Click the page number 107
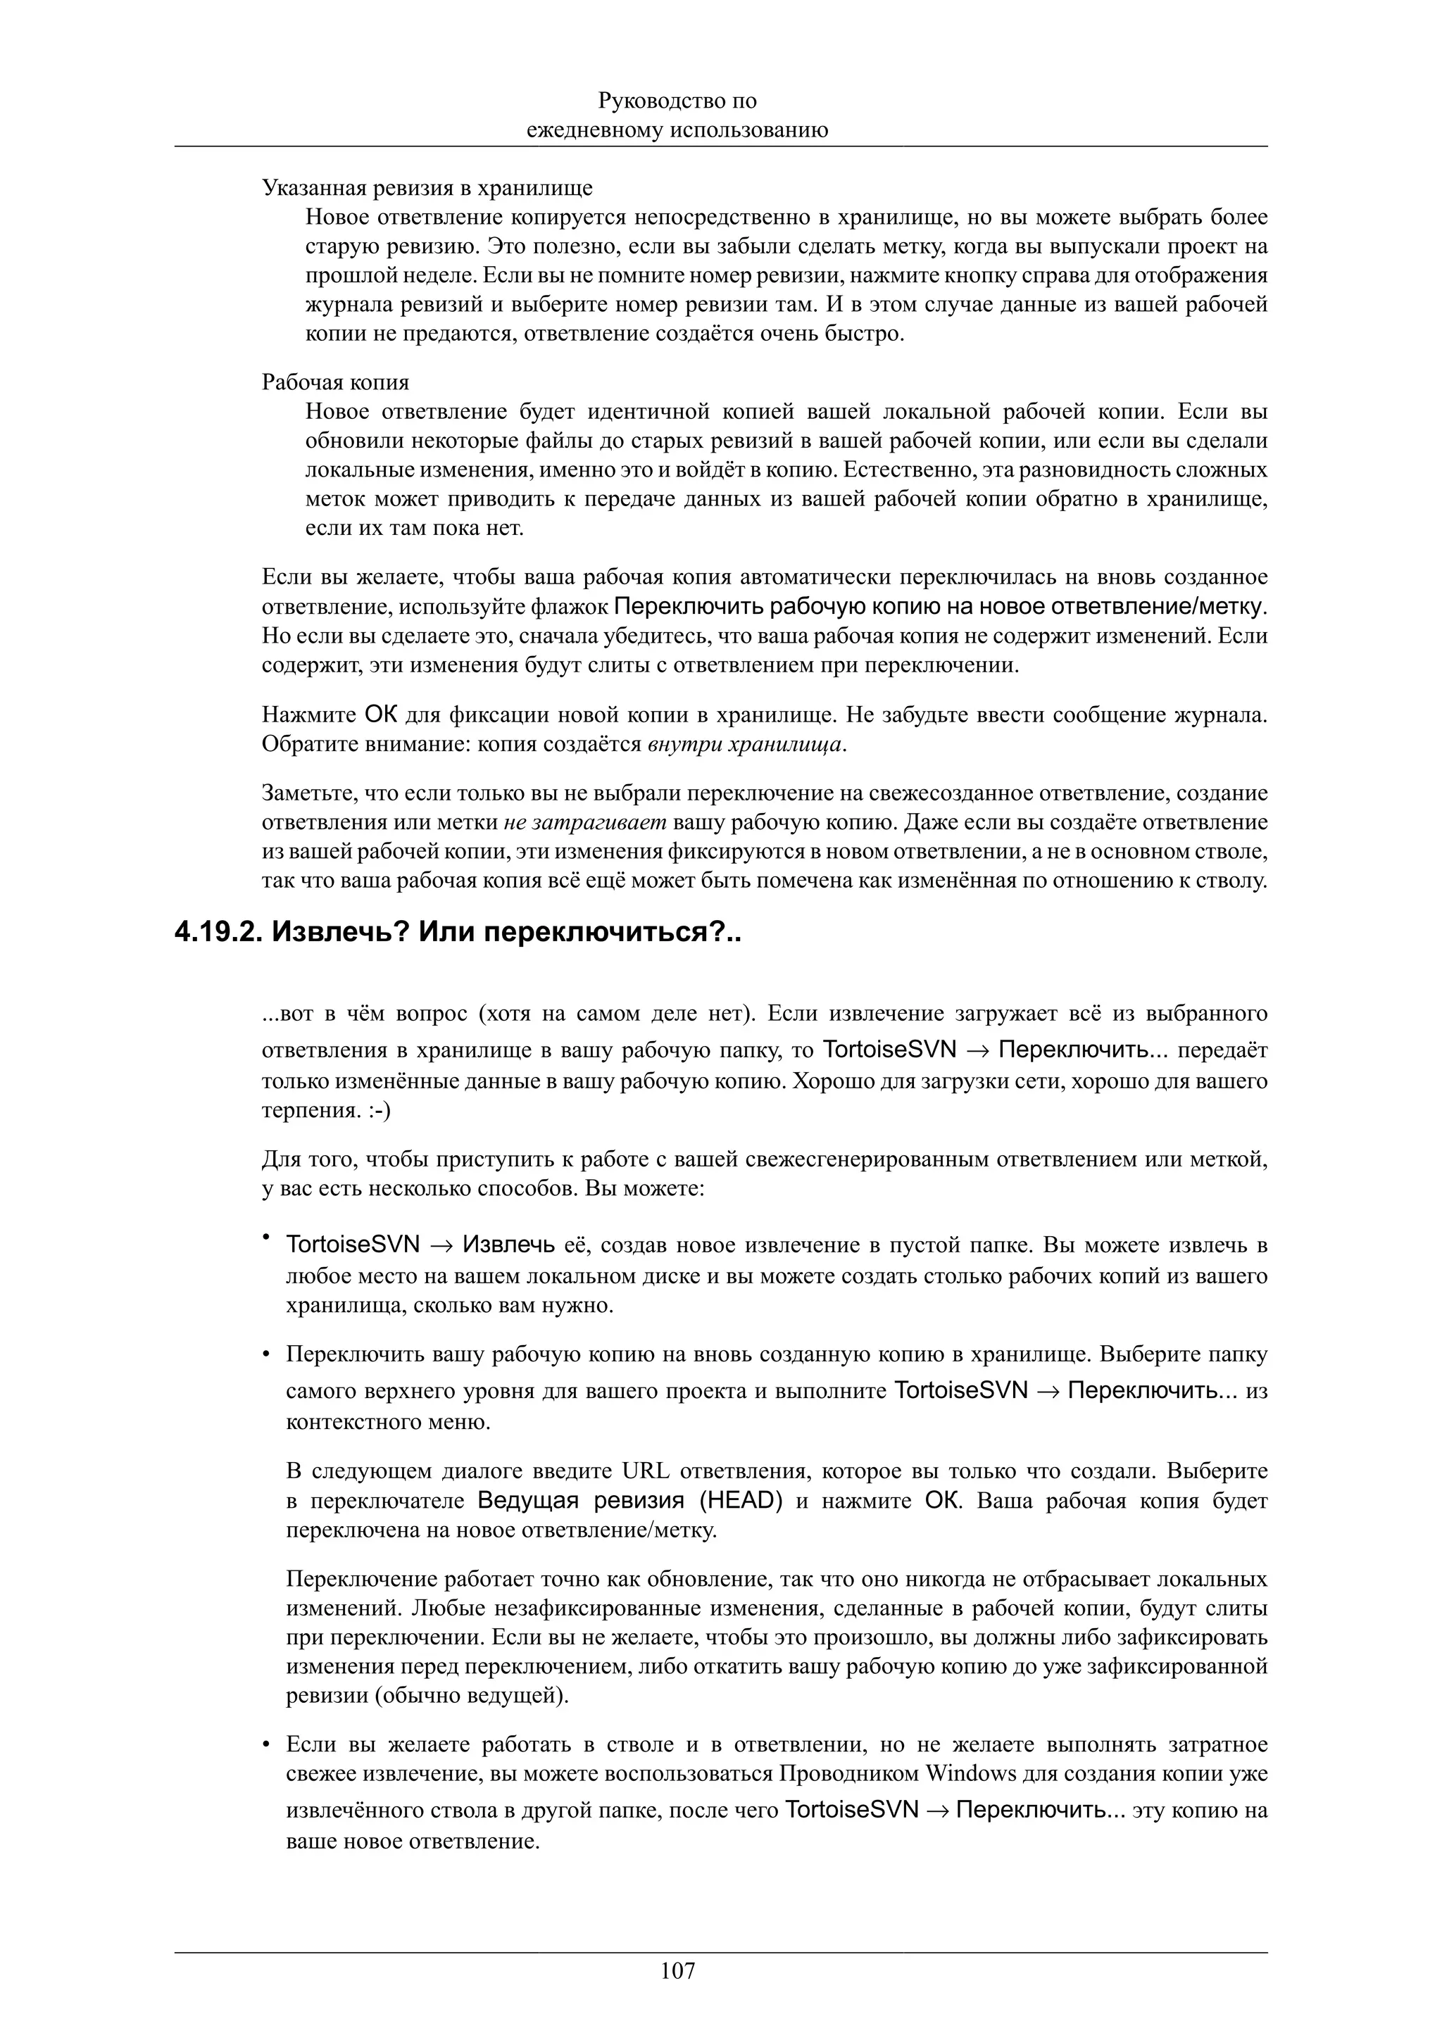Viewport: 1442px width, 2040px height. pyautogui.click(x=678, y=1972)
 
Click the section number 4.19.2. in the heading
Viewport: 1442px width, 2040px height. pyautogui.click(x=217, y=932)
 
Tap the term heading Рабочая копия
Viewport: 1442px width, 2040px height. pyautogui.click(x=335, y=382)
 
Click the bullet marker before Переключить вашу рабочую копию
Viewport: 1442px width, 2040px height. pyautogui.click(x=265, y=1355)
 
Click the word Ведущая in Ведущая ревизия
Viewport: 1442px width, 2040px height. pyautogui.click(x=532, y=1501)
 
